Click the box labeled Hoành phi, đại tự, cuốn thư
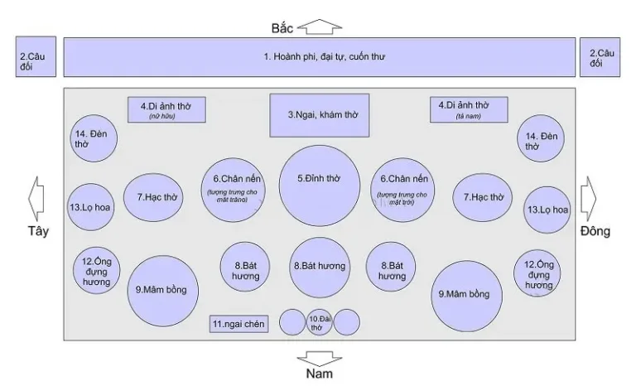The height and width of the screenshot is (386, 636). tap(319, 57)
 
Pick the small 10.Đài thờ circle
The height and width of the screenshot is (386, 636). tap(320, 321)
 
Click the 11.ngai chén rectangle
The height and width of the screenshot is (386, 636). tap(238, 324)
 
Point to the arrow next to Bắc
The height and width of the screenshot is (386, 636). tap(319, 27)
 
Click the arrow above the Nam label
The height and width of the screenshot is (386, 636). tap(319, 358)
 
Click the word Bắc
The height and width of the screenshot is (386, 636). tap(282, 27)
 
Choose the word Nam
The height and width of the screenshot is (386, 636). tap(319, 374)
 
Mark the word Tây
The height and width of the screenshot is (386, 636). tap(36, 231)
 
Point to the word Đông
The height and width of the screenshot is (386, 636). tap(595, 231)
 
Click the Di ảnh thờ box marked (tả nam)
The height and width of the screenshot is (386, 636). tap(469, 109)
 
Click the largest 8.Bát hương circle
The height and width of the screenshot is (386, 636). tap(319, 267)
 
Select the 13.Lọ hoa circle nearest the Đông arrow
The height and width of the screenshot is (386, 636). tap(547, 209)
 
